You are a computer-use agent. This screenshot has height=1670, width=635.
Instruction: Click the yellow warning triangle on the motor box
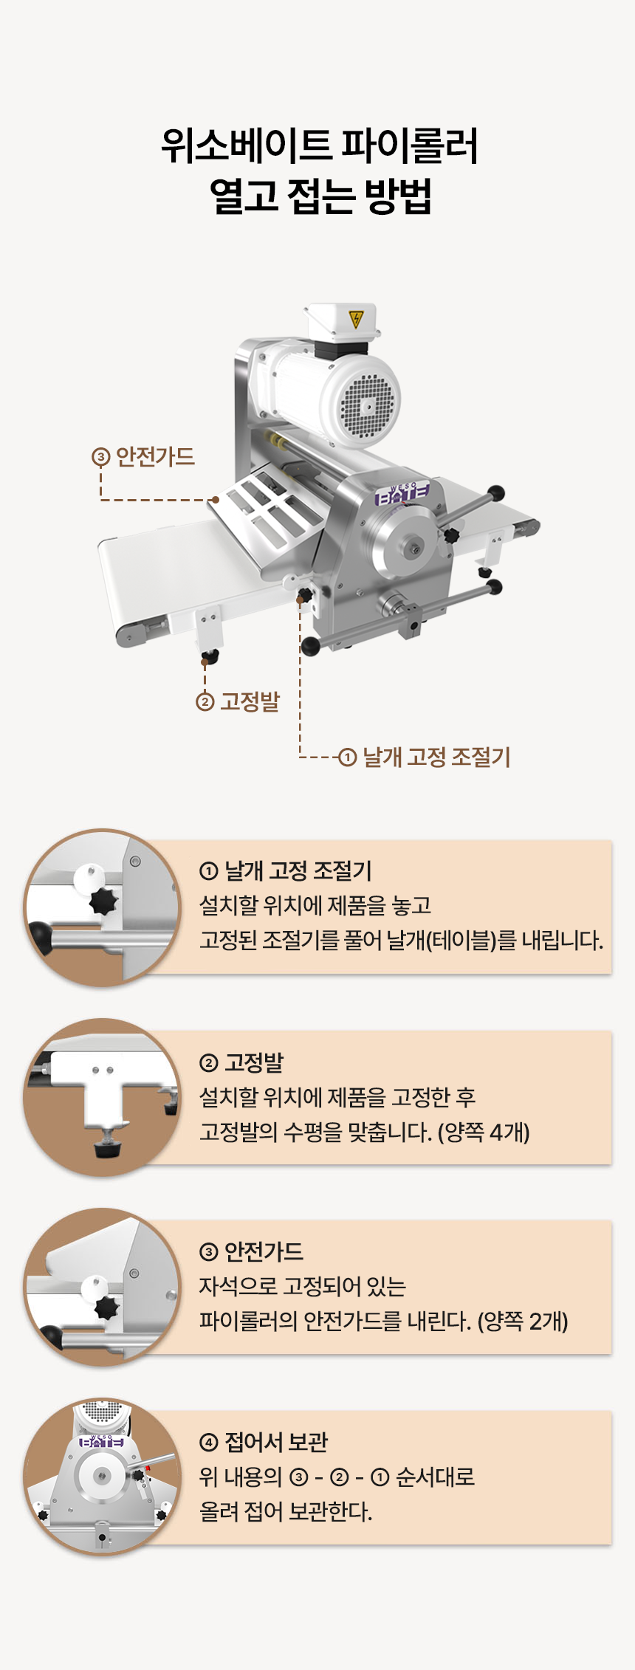[356, 319]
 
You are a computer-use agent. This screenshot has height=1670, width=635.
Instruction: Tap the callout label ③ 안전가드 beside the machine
[143, 456]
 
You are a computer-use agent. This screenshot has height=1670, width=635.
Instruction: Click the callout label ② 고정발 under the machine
[238, 701]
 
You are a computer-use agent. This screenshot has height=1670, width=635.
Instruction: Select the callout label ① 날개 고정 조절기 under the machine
[425, 757]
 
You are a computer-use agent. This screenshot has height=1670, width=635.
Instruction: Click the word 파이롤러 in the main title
[409, 145]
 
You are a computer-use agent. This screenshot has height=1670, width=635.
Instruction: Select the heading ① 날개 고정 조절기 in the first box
[286, 871]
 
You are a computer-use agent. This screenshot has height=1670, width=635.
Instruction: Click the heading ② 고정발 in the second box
[241, 1062]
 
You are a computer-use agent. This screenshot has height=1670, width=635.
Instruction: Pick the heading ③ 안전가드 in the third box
[251, 1251]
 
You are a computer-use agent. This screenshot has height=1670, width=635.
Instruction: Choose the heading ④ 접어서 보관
[264, 1442]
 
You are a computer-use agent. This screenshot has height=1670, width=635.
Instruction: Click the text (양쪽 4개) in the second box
[484, 1132]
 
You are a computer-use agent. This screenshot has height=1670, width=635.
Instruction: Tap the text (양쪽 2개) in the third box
[523, 1321]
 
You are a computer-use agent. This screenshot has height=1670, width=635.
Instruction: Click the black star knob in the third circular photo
[108, 1308]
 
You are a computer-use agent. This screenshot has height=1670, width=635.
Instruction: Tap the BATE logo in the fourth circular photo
[101, 1440]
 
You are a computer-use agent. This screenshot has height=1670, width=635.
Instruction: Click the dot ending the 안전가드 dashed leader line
[215, 500]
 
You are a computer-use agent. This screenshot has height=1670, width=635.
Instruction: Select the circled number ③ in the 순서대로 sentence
[298, 1477]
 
